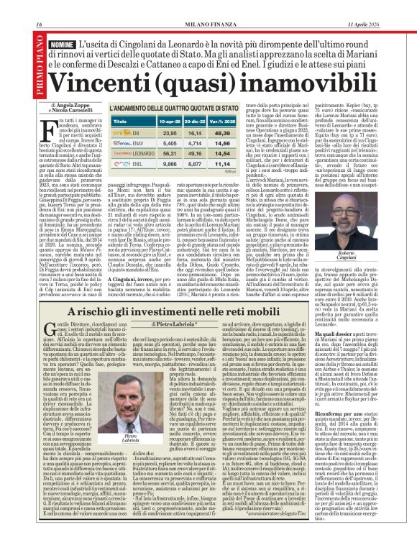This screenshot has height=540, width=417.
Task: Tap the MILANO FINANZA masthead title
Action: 208,6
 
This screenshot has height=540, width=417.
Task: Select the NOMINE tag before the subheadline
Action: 64,24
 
